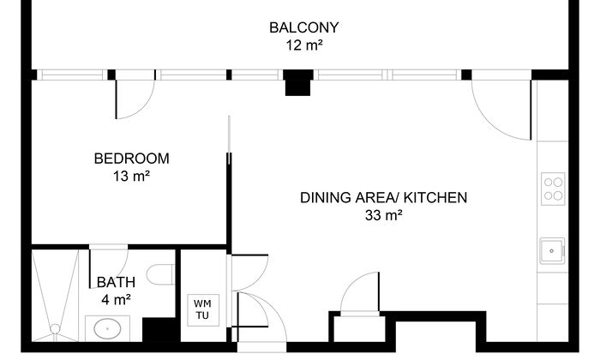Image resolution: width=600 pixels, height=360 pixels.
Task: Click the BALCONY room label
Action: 303,27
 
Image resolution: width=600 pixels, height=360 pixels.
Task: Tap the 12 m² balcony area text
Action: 304,45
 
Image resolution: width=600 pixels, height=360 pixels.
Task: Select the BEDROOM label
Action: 132,159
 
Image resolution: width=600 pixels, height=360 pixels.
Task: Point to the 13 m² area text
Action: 131,177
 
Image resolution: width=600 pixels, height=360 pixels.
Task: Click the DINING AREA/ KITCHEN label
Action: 383,197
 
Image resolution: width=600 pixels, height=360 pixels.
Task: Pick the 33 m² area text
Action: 383,215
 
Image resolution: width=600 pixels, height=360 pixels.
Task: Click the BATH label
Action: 116,282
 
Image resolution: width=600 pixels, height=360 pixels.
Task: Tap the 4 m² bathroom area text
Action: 116,299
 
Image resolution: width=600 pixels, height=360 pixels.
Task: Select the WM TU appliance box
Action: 203,310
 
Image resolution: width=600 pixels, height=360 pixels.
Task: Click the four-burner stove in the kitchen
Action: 553,189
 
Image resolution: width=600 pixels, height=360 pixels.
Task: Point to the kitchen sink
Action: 552,251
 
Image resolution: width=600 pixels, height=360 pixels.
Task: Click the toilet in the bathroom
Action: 160,274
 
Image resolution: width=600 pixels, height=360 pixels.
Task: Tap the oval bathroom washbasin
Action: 107,328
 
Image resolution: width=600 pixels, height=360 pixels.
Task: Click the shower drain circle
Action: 55,328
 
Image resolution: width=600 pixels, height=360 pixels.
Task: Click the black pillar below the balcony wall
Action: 297,82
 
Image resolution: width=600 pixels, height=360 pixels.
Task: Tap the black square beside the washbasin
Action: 159,329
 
